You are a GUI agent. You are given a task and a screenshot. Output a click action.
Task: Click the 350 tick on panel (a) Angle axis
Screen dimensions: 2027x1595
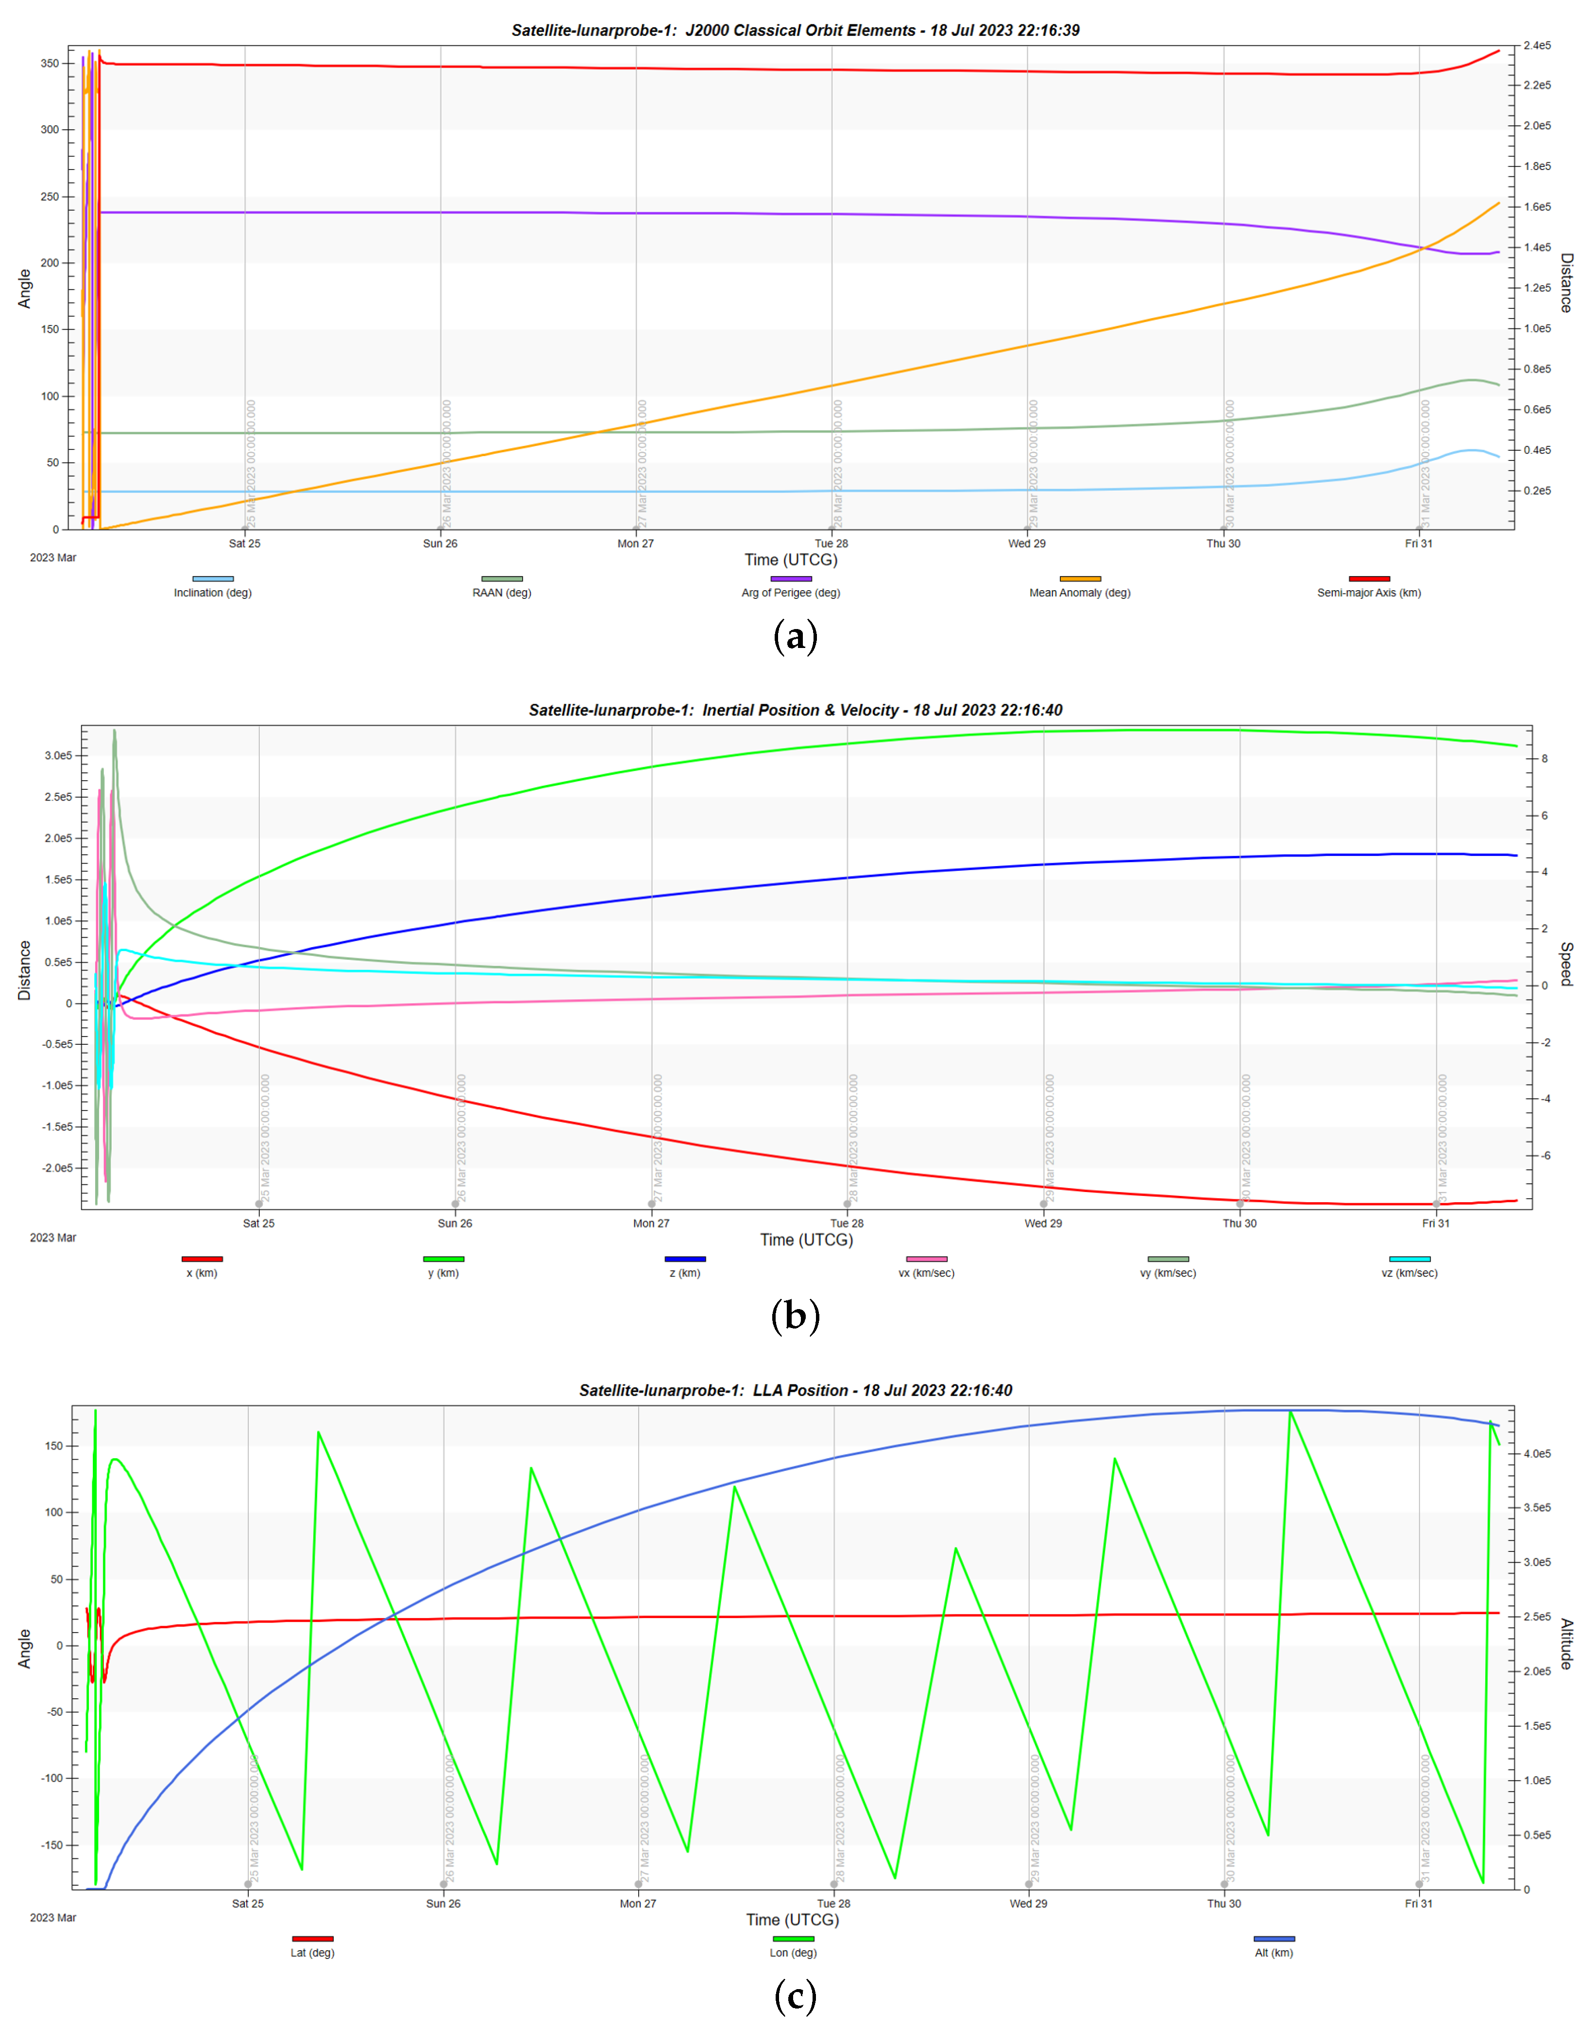[50, 64]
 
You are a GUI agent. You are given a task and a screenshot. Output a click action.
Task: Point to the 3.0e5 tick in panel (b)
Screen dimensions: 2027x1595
[58, 755]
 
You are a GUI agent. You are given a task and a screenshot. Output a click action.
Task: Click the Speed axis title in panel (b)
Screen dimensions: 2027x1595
[1566, 964]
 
